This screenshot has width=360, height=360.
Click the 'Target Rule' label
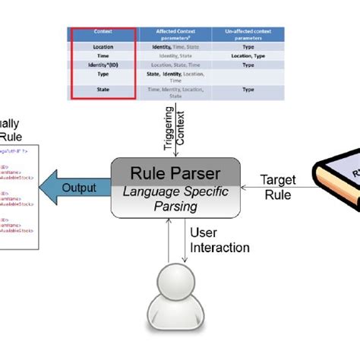[278, 187]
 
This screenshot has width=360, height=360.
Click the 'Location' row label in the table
[103, 46]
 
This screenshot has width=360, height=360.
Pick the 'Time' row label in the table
[103, 55]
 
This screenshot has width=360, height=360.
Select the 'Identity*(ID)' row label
[103, 65]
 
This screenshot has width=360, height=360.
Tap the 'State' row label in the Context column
[103, 90]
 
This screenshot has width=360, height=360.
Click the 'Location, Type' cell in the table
[248, 55]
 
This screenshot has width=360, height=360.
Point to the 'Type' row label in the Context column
[103, 76]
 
